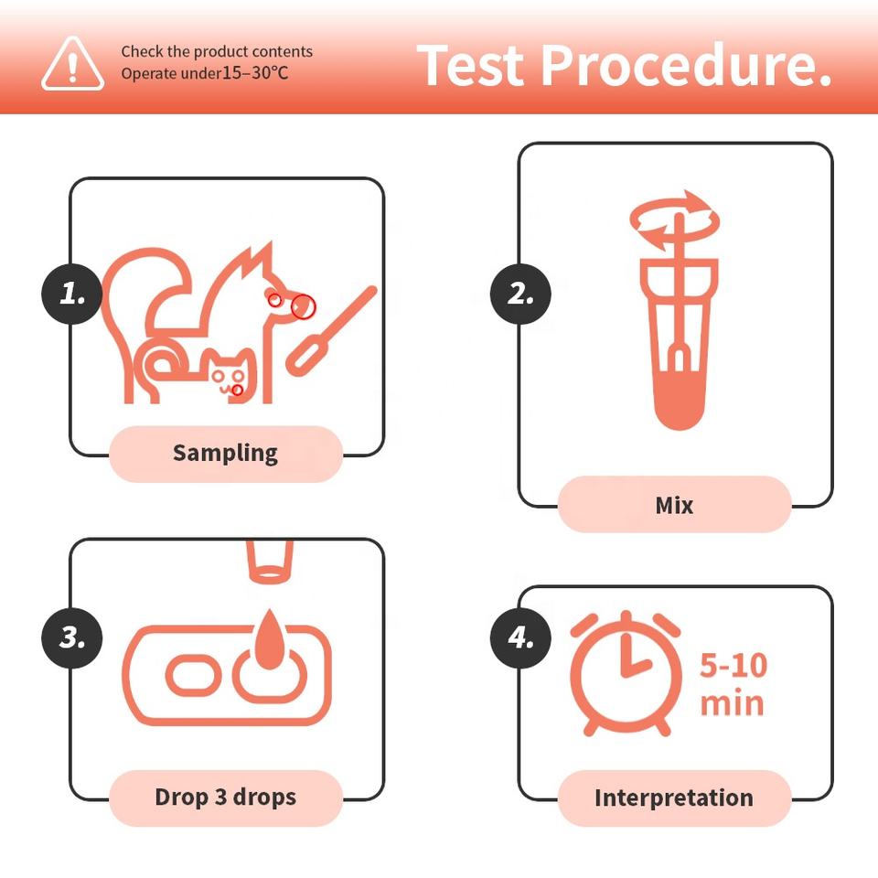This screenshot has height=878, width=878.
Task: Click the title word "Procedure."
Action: coord(686,66)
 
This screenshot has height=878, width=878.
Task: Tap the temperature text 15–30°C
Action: coord(255,73)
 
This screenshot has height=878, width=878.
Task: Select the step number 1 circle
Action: coord(72,294)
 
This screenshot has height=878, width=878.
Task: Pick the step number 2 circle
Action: coord(520,294)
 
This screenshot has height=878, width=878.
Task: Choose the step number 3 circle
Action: coord(72,637)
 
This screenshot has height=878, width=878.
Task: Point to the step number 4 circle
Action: coord(520,637)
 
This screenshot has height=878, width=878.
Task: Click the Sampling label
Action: coord(226,454)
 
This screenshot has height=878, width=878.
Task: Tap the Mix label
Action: coord(675,505)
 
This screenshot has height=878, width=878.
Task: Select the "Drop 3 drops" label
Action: coord(226,798)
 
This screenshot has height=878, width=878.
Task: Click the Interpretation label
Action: coord(675,798)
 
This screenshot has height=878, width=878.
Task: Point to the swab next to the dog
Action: coord(331,330)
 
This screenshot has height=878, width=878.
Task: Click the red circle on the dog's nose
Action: coord(304,306)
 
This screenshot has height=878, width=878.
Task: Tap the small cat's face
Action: coord(231,375)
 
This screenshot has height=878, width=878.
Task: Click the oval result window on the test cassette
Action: coord(194,674)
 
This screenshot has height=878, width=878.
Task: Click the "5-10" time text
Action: coord(733,666)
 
